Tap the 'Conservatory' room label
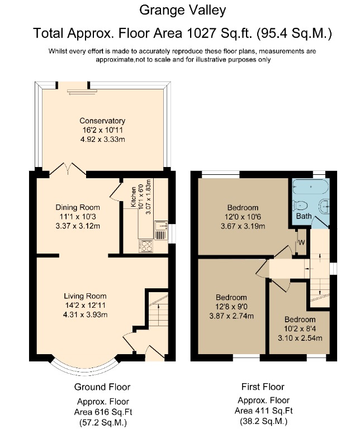102,121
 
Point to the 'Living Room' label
84,296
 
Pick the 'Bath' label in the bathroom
304,216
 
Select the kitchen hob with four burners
146,245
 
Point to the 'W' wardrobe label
301,242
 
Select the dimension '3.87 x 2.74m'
231,316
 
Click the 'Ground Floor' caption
102,387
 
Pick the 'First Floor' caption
263,387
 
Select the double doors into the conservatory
68,169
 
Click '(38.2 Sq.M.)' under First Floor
263,421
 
